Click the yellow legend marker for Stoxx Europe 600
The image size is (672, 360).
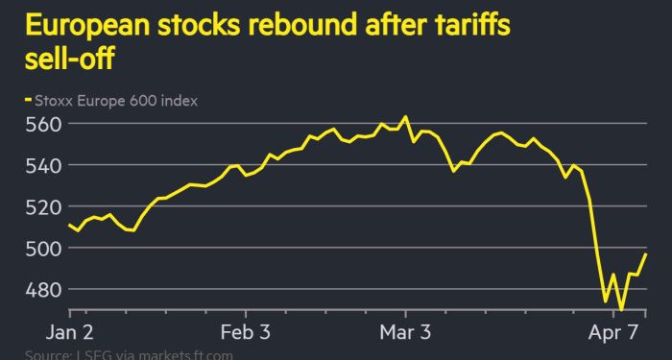28,100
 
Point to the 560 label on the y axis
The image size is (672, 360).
43,124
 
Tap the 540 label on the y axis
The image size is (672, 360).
43,165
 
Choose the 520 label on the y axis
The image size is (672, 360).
43,206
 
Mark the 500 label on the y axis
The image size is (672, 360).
43,248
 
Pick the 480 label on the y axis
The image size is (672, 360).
43,289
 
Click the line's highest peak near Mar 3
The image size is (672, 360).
405,117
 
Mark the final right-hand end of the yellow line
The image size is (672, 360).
646,254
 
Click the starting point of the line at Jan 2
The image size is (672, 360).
70,226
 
